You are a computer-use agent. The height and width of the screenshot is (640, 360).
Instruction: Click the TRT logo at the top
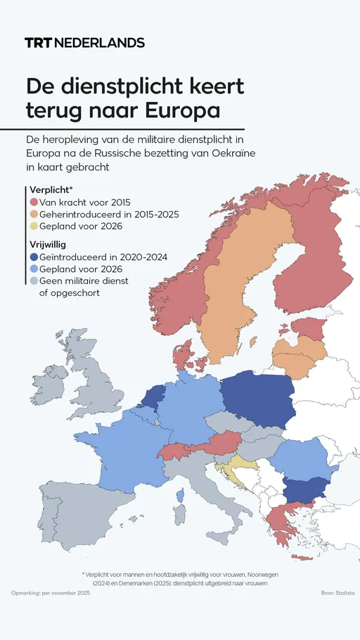pos(38,43)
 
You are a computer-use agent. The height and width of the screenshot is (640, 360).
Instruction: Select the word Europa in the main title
pos(181,111)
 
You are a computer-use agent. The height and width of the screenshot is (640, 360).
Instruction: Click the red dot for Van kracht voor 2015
pos(34,203)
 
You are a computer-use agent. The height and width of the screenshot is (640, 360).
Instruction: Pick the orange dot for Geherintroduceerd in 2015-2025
pos(34,215)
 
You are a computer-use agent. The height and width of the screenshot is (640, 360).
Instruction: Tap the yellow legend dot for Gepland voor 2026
pos(34,226)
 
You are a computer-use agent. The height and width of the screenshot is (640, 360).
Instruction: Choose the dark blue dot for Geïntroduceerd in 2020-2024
pos(34,257)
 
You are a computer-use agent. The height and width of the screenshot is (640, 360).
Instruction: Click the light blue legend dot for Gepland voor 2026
pos(34,269)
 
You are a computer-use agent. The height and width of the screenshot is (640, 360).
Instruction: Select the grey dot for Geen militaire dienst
pos(34,281)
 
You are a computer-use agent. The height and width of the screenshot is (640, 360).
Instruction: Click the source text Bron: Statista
pos(337,594)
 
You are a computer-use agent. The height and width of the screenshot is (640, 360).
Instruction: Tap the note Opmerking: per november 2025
pos(51,594)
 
